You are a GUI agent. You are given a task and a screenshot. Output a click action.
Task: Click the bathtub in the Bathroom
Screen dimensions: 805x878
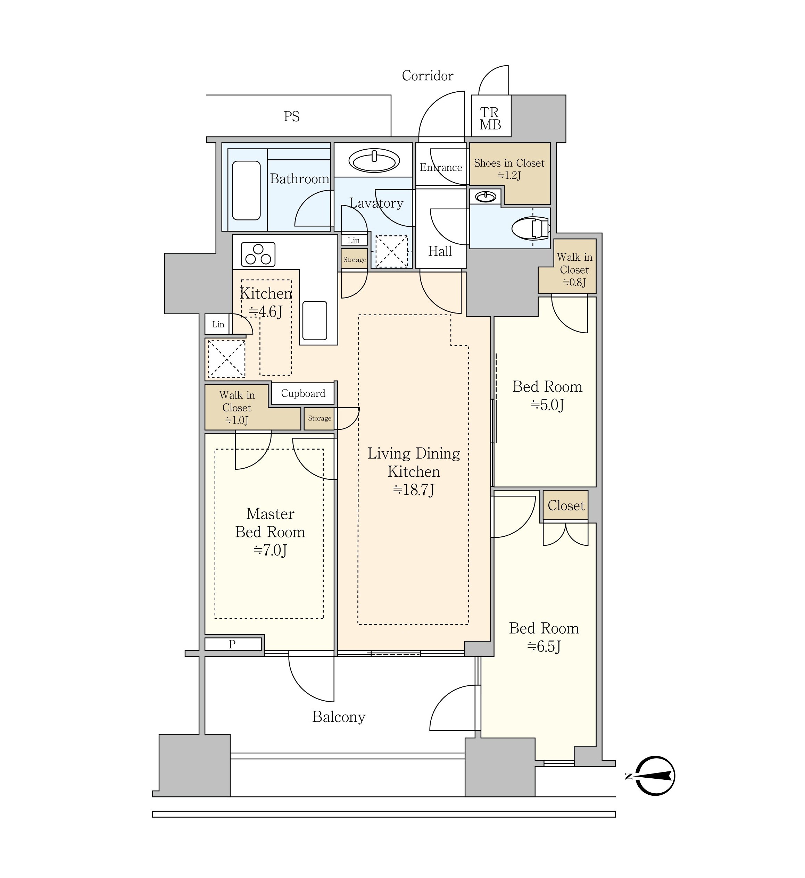coord(246,190)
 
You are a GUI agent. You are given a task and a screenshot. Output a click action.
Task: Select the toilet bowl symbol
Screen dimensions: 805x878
coord(531,228)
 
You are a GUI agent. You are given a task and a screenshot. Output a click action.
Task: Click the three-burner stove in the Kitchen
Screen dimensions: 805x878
coord(258,254)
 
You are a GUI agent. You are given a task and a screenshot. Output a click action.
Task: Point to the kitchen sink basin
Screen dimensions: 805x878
coord(315,320)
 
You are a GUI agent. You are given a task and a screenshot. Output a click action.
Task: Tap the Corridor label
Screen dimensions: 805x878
coord(427,76)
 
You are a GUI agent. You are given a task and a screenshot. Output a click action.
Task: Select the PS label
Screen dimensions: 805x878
coord(291,116)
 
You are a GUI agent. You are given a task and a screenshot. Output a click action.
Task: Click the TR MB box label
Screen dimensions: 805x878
coord(490,118)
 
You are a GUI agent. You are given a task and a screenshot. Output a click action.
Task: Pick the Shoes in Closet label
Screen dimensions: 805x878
coord(509,163)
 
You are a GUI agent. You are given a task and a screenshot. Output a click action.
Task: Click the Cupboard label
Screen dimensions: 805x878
coord(303,393)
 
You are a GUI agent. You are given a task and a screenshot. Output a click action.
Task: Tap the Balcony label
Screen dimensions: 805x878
coord(339,717)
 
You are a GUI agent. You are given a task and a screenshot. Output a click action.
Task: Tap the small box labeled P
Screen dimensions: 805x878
coord(233,644)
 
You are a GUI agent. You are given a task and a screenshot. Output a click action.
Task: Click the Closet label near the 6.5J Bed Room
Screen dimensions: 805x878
coord(566,505)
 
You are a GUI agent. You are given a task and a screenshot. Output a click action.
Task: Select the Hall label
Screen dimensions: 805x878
coord(440,251)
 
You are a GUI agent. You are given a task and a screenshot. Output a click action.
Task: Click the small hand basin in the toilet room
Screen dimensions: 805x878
coord(486,197)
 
